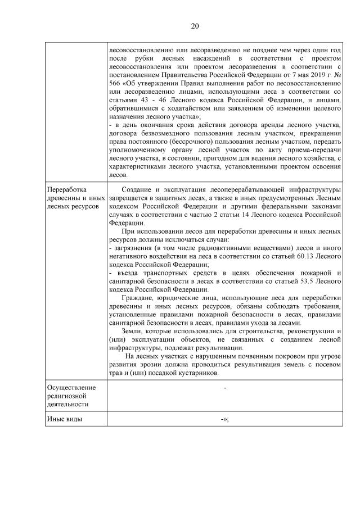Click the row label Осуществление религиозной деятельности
71,396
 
